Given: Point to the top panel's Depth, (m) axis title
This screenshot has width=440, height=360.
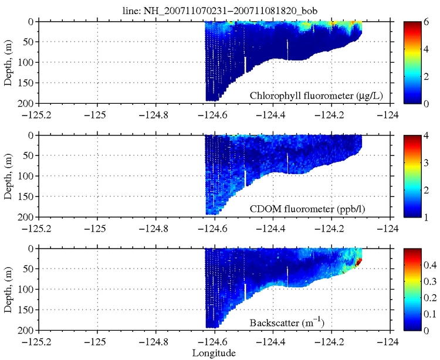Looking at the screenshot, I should coord(8,61).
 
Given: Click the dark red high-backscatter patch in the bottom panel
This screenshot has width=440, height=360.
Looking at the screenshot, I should coord(358,261).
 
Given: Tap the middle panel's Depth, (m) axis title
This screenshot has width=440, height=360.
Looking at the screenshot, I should coord(8,175).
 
